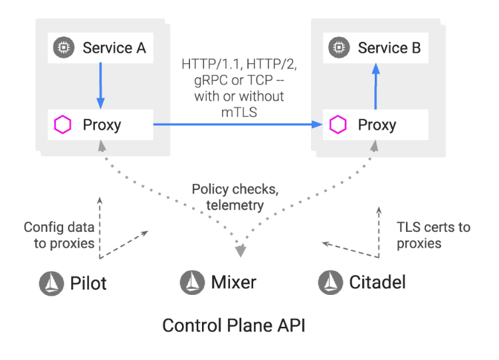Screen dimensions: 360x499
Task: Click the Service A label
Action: pos(114,48)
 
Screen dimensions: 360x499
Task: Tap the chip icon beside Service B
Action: pos(340,48)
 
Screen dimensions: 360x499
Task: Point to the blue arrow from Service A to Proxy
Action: pos(100,84)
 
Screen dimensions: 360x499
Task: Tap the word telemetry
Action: pos(234,205)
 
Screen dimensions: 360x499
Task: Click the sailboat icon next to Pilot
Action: pos(51,283)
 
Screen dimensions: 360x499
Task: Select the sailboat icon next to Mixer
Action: pos(192,282)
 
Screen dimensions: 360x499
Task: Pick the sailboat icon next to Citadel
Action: pos(330,282)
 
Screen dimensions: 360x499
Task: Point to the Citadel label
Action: pos(377,283)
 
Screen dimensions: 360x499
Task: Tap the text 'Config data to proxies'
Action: pos(59,235)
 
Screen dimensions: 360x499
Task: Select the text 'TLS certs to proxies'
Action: pos(433,235)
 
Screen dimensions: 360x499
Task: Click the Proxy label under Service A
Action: pos(102,124)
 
